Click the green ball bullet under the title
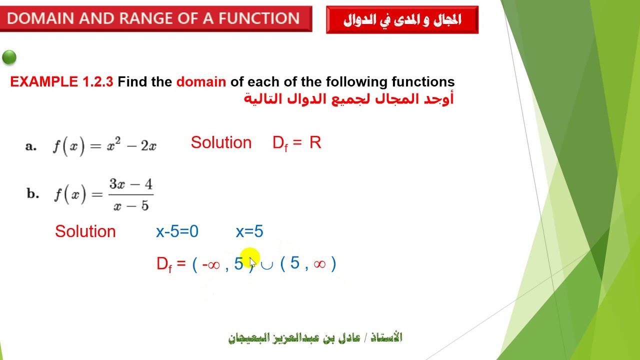point(9,57)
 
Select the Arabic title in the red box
point(402,20)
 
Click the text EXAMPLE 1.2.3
point(61,82)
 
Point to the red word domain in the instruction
point(201,82)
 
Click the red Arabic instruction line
point(348,98)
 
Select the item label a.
point(31,146)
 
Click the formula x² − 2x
point(131,145)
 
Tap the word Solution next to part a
point(221,143)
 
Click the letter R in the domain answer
point(315,143)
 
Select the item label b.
point(32,194)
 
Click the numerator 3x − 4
point(131,184)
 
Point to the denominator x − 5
point(131,205)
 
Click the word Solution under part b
point(85,231)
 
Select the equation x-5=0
point(177,231)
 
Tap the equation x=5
point(249,231)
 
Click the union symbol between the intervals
point(267,264)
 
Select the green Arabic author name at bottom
point(315,338)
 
